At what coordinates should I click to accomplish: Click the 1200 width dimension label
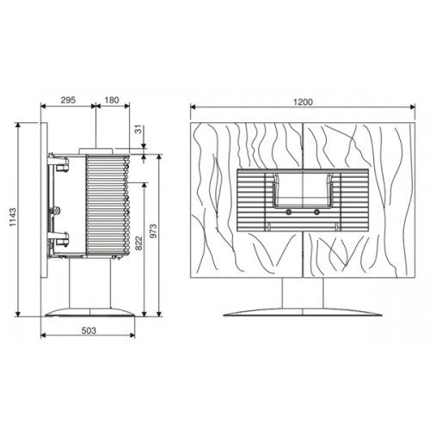(x=302, y=101)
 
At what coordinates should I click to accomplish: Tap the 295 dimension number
(x=70, y=101)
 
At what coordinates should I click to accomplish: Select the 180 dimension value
(x=111, y=101)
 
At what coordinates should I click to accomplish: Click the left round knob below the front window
(x=290, y=209)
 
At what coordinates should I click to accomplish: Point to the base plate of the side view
(x=89, y=311)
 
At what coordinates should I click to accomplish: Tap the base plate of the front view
(x=302, y=312)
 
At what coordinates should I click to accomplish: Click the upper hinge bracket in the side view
(x=57, y=161)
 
